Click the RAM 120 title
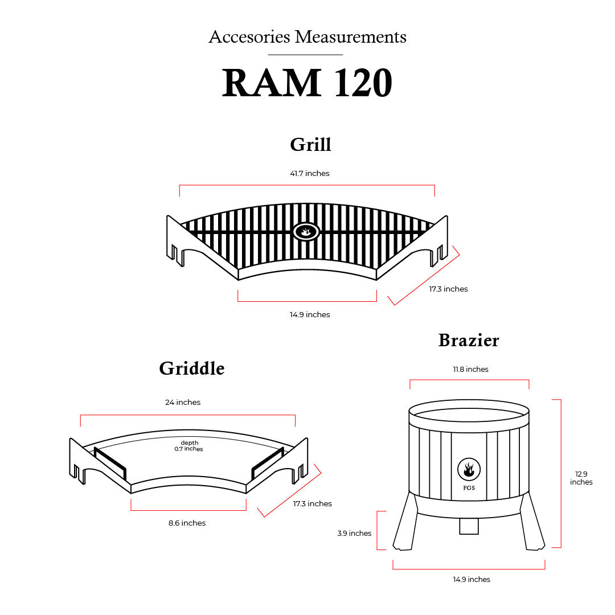tap(307, 83)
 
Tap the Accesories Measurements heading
tap(307, 37)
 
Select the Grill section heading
tap(310, 144)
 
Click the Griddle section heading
tap(192, 368)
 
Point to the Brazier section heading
tap(469, 341)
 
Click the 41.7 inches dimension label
tap(309, 173)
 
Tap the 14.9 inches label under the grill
tap(309, 314)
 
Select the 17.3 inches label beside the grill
tap(448, 289)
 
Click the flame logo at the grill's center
tap(306, 231)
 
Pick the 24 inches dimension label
tap(183, 402)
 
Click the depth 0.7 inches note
tap(189, 446)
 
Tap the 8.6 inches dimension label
tap(187, 523)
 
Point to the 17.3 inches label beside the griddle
tap(312, 503)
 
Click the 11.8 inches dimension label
tap(470, 369)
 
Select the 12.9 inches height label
tap(581, 478)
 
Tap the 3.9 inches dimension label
tap(354, 533)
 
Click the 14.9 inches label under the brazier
tap(471, 579)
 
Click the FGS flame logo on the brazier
tap(469, 470)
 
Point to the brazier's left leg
tap(405, 522)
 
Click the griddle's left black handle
tap(110, 463)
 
